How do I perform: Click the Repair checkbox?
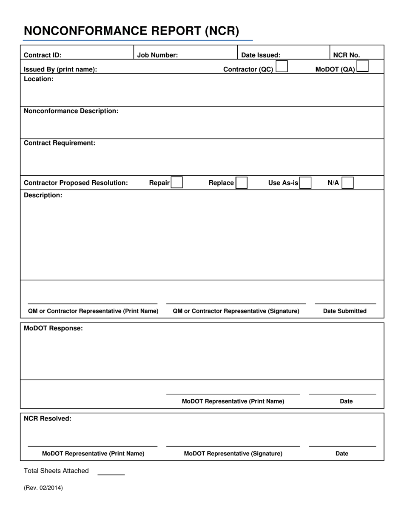177,183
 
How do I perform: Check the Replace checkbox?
241,183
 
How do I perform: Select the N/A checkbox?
347,183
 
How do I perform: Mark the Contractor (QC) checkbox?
282,67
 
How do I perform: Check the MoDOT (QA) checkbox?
362,67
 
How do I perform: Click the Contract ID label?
43,55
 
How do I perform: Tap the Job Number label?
157,55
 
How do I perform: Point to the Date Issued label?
261,55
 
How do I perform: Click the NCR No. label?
346,55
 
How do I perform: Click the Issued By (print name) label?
60,69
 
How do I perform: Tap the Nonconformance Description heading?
71,111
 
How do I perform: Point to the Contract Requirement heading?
60,143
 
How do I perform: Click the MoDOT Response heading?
53,328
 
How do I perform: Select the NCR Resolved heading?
48,418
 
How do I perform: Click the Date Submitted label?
345,311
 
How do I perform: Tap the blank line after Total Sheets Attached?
111,473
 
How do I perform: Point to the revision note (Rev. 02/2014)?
43,488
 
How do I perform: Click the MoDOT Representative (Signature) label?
233,453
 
